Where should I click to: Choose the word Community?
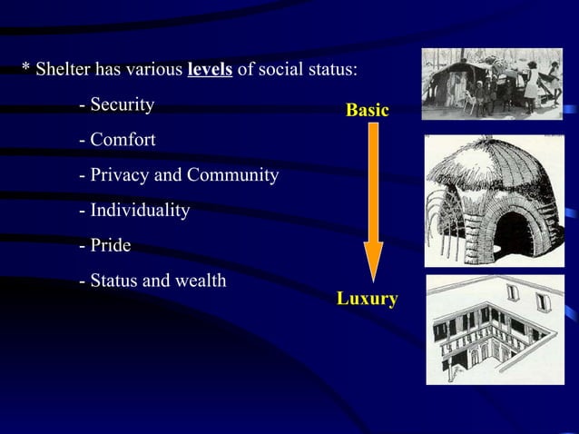pos(235,175)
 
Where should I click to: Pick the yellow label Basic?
pos(367,111)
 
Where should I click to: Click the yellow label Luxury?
pos(367,299)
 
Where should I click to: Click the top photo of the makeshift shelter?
pos(492,84)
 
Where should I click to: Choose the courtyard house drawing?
pos(494,329)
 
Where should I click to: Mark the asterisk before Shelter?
pos(26,69)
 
